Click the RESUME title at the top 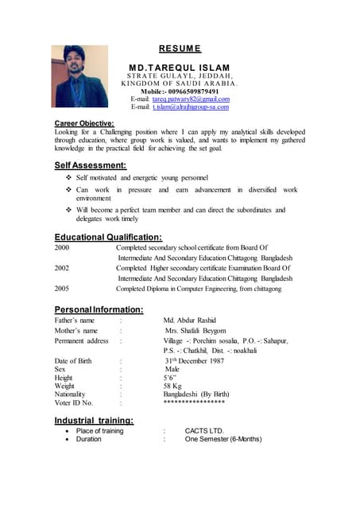coord(180,48)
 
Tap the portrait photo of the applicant coord(79,76)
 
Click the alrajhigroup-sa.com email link coord(191,107)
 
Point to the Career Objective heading coord(84,123)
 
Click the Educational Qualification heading coord(108,237)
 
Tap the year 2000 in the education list coord(62,248)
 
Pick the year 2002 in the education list coord(62,269)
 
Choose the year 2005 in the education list coord(62,289)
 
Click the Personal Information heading coord(99,309)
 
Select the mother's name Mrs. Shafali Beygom coord(195,331)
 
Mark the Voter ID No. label coord(74,403)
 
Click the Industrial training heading coord(94,420)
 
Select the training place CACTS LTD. coord(205,431)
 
